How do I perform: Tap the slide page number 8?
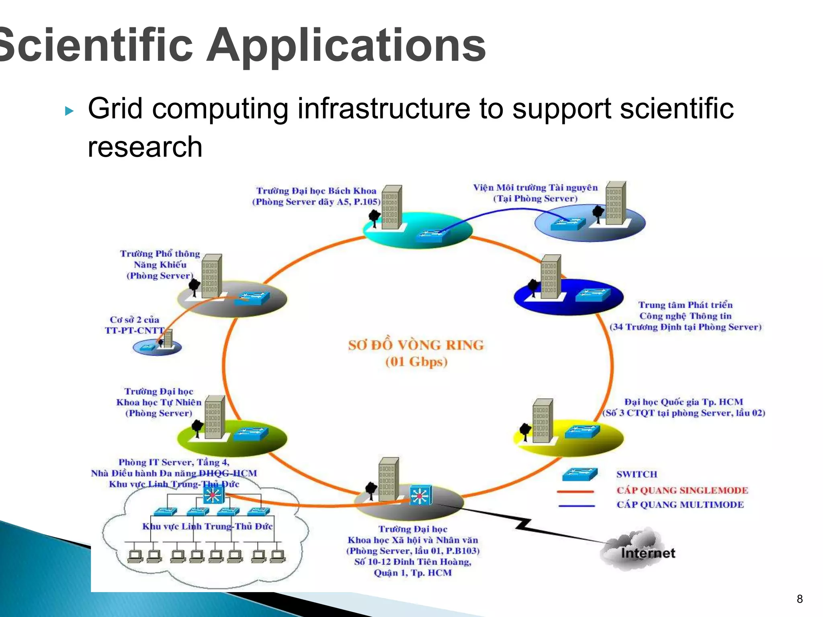[x=800, y=599]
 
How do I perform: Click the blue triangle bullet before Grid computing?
[x=70, y=111]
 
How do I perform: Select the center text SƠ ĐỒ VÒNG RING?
[x=416, y=345]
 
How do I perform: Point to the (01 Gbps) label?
[x=416, y=362]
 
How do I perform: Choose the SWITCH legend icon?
[x=579, y=474]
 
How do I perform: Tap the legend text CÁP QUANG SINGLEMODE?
[x=682, y=490]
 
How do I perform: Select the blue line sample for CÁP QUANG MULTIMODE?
[x=576, y=506]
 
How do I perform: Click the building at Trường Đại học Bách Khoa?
[x=391, y=207]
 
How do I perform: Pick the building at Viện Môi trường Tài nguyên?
[x=616, y=203]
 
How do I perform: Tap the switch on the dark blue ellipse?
[x=593, y=295]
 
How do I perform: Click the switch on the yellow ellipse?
[x=582, y=432]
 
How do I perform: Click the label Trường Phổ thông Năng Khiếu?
[x=160, y=264]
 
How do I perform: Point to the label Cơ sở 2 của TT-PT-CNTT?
[x=134, y=325]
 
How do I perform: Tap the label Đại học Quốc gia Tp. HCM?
[x=683, y=402]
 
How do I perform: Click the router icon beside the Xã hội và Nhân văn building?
[x=421, y=496]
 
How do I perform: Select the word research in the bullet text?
[x=145, y=147]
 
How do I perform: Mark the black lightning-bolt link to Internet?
[x=522, y=524]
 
